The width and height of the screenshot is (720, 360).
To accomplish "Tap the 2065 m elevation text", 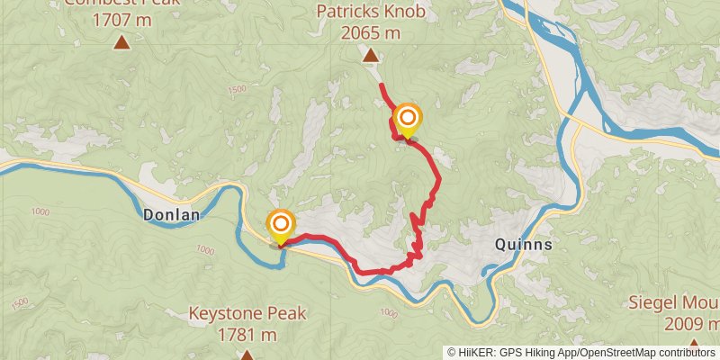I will coord(370,33).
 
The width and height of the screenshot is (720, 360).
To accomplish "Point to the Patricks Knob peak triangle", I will coord(370,56).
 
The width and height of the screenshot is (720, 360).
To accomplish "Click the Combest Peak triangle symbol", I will coord(121,42).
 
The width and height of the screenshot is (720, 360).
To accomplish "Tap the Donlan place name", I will coord(171,216).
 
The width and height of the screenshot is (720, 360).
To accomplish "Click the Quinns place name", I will coord(523,244).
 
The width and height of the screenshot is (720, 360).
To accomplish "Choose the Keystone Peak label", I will coord(247,315).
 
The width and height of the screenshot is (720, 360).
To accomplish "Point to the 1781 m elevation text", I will coord(247,335).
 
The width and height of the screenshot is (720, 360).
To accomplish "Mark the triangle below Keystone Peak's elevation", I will coord(247,355).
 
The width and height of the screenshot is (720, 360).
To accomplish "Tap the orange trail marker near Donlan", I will coord(281,224).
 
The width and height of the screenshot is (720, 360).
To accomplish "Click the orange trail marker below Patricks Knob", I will coord(408,118).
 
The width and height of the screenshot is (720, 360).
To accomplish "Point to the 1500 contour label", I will coord(237,89).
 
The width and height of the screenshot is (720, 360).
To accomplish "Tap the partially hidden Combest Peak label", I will coord(121,3).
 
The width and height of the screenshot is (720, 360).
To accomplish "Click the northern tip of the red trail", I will coord(382,85).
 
